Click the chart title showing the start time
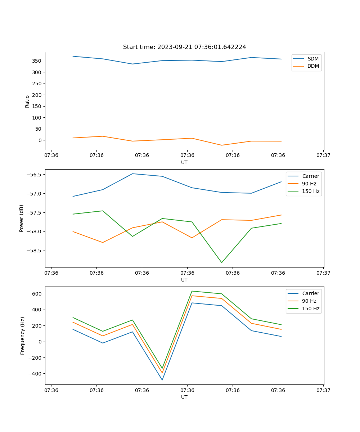[184, 47]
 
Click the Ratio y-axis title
[27, 101]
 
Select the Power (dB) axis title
[22, 218]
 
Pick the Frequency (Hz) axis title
[22, 336]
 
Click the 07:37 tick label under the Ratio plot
[323, 156]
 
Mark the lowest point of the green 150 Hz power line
[221, 262]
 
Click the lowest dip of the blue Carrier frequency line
[162, 380]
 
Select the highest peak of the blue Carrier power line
[132, 174]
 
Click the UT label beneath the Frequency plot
[184, 397]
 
